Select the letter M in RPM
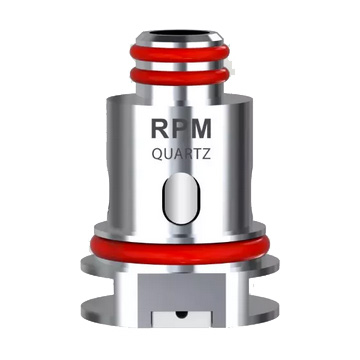click(x=206, y=131)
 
